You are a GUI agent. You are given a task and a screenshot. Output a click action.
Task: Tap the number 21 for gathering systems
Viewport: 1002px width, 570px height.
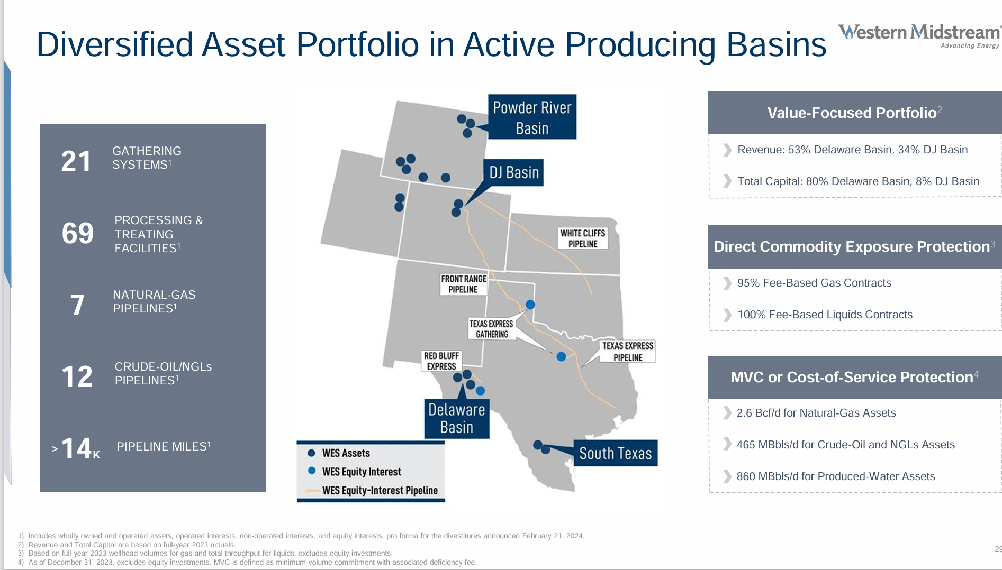(x=76, y=161)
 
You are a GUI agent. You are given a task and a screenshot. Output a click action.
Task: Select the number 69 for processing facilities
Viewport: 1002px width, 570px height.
(x=77, y=233)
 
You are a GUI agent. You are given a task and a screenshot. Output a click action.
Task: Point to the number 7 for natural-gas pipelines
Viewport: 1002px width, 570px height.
(x=77, y=305)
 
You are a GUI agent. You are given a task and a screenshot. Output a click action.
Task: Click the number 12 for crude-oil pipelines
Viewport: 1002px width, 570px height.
(x=77, y=376)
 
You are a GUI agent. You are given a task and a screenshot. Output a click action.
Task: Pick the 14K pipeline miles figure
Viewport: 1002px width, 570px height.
(x=77, y=448)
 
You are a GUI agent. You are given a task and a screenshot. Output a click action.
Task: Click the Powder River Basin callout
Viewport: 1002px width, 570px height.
(x=531, y=117)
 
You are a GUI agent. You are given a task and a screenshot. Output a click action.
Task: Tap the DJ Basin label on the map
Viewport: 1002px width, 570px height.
(x=513, y=173)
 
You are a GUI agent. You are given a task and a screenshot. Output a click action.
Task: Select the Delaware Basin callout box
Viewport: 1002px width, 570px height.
(x=456, y=418)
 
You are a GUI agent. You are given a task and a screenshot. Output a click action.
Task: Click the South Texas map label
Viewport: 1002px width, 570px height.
(x=615, y=453)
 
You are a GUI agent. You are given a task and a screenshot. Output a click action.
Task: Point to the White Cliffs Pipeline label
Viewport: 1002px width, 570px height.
(x=582, y=238)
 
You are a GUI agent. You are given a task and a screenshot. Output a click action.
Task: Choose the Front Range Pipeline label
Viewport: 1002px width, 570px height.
(x=463, y=284)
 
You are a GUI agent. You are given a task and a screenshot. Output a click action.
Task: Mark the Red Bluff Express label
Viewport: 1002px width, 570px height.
(x=441, y=361)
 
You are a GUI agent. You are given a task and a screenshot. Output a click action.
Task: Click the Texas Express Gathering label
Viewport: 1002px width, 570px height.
(x=491, y=329)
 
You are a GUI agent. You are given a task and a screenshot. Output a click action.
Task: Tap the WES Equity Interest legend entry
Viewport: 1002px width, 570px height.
(x=362, y=472)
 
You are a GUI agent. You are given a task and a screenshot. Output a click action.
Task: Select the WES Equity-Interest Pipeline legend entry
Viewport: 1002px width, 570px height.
(x=379, y=490)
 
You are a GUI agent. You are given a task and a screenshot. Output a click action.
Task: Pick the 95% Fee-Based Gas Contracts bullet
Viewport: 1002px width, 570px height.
(x=814, y=283)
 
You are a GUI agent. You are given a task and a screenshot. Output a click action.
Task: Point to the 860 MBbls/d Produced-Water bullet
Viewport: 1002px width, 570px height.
(x=835, y=476)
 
